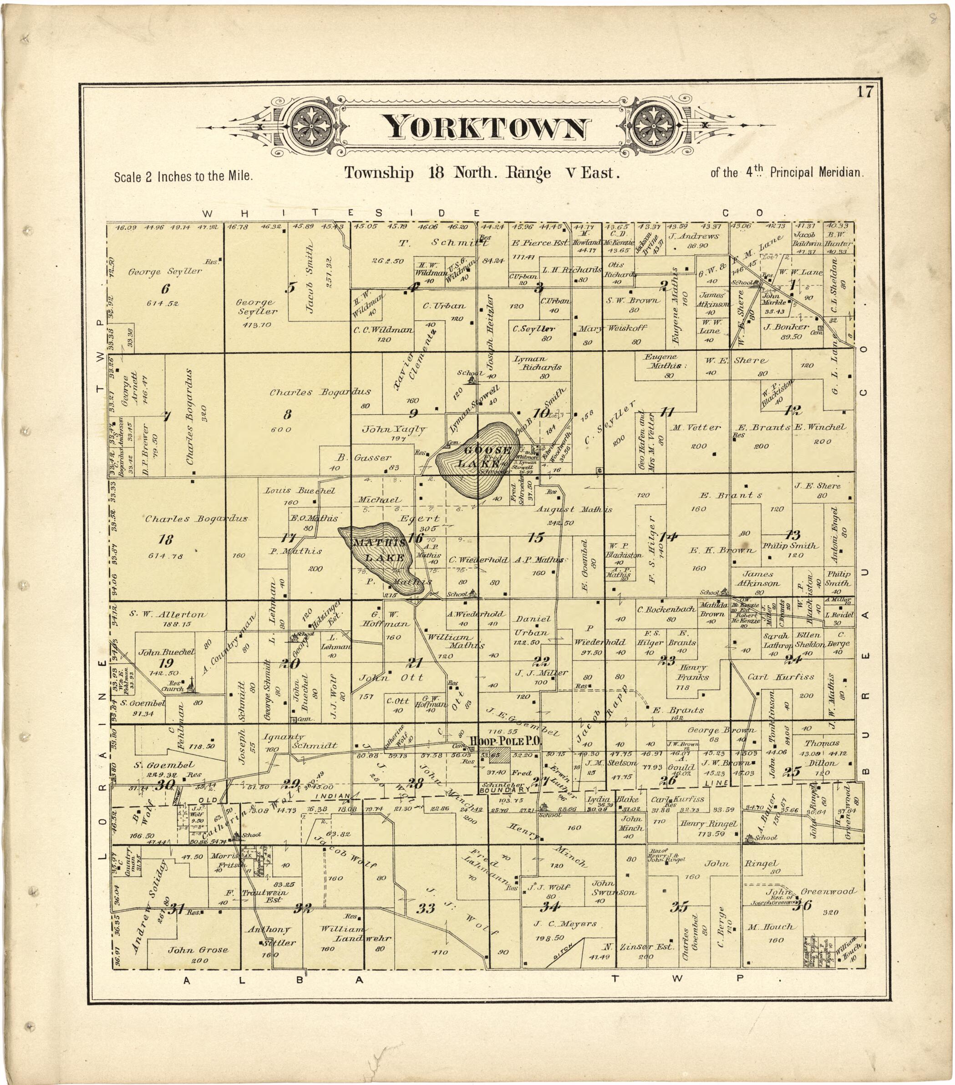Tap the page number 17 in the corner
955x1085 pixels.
tap(864, 92)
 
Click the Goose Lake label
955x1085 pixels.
tap(487, 456)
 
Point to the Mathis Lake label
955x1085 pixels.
tap(381, 550)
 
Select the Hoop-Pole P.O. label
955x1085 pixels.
tap(504, 741)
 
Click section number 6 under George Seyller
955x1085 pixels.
tap(166, 289)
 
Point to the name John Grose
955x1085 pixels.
tap(198, 950)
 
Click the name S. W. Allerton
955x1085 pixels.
tap(167, 614)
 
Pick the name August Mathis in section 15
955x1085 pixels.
tap(573, 510)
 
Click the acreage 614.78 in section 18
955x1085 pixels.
tap(166, 556)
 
